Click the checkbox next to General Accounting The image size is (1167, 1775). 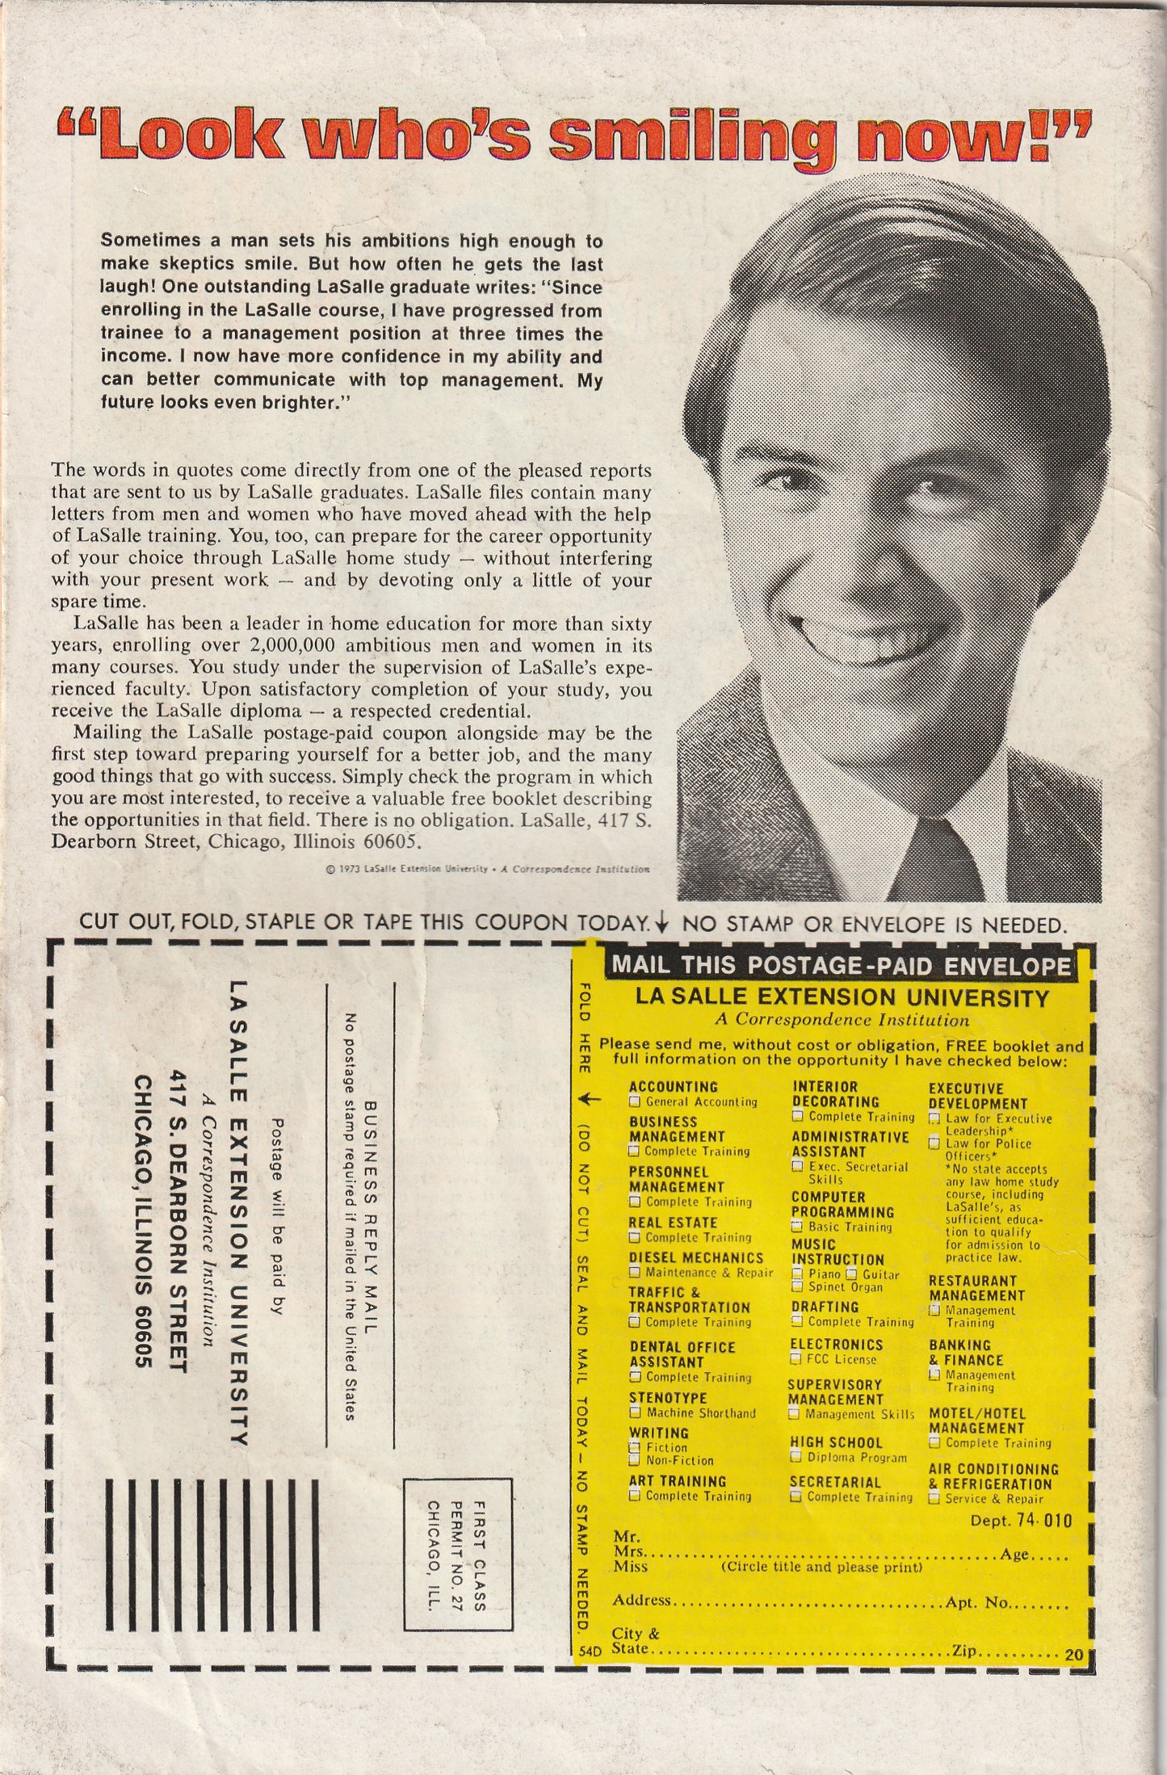[635, 1102]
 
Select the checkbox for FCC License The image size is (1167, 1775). [797, 1360]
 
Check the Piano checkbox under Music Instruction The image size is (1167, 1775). [797, 1274]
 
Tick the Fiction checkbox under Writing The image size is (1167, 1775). [635, 1448]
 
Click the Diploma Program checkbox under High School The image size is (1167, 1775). [797, 1458]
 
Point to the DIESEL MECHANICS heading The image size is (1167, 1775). [696, 1258]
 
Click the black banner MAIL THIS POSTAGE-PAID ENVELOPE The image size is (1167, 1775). [841, 966]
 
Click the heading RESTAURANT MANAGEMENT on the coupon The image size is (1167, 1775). [976, 1288]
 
